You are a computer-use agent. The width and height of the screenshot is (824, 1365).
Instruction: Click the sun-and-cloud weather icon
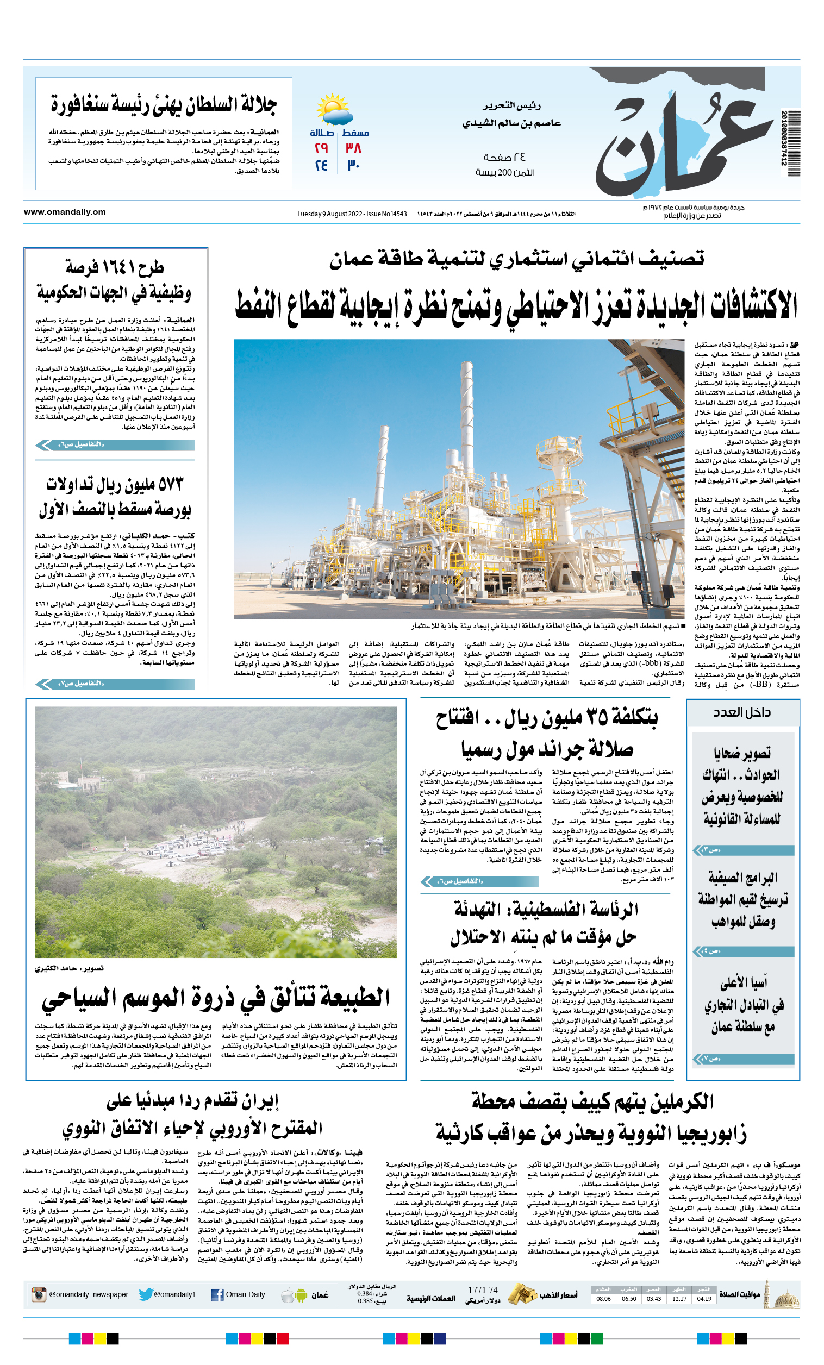(x=335, y=110)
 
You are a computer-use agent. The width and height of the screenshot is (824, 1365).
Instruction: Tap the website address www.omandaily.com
(x=65, y=211)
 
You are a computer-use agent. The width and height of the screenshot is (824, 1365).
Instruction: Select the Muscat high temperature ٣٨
(x=353, y=148)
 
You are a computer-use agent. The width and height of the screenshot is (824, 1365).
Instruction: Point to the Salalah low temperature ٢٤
(x=321, y=166)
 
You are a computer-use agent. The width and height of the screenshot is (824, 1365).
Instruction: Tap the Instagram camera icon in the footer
(x=39, y=1294)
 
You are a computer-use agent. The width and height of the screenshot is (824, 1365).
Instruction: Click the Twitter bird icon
(x=146, y=1294)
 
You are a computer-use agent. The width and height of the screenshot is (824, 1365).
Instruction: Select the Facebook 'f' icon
(x=217, y=1295)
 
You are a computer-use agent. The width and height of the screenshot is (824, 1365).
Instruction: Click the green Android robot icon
(x=302, y=1295)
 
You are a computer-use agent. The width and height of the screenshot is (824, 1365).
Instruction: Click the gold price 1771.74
(x=483, y=1289)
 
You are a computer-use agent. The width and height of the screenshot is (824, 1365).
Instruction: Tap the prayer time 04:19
(x=704, y=1299)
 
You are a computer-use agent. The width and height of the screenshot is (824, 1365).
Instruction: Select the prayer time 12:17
(x=679, y=1299)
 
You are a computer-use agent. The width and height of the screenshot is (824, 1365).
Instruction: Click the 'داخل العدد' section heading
(x=741, y=712)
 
